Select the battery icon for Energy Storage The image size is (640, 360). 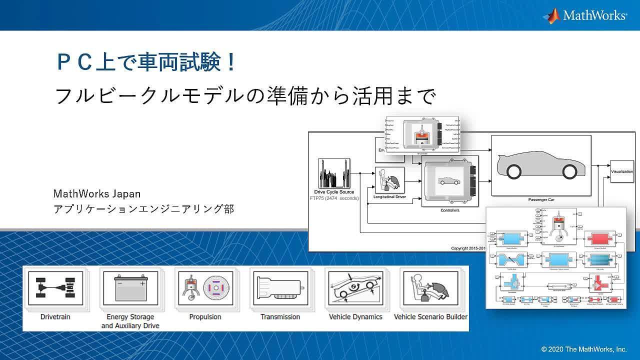pyautogui.click(x=129, y=287)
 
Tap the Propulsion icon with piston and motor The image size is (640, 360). pyautogui.click(x=204, y=287)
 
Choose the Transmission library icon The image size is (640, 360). pyautogui.click(x=279, y=287)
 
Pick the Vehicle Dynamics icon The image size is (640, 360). pyautogui.click(x=355, y=287)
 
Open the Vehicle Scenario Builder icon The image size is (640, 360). pyautogui.click(x=430, y=287)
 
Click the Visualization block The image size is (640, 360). pyautogui.click(x=621, y=171)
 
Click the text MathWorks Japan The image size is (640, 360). pyautogui.click(x=97, y=193)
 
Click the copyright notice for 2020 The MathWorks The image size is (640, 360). pyautogui.click(x=584, y=349)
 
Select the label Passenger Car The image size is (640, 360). pyautogui.click(x=542, y=199)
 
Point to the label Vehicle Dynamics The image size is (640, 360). pyautogui.click(x=355, y=316)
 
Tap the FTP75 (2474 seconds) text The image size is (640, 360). pyautogui.click(x=334, y=198)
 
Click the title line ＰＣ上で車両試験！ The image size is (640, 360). pyautogui.click(x=145, y=63)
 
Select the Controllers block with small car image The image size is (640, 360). pyautogui.click(x=449, y=181)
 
